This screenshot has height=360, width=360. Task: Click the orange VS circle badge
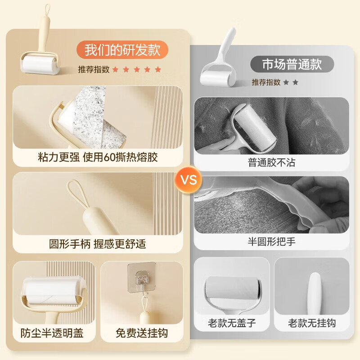(189, 180)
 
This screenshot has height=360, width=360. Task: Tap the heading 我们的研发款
(123, 49)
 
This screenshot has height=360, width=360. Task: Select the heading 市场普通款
(292, 64)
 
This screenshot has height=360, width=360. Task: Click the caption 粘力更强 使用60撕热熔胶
(98, 157)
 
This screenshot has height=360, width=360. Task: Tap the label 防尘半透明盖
(52, 333)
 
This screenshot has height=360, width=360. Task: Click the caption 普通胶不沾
(271, 162)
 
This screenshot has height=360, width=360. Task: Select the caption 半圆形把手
(271, 242)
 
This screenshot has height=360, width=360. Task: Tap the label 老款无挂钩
(312, 324)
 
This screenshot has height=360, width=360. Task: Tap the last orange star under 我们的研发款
(157, 70)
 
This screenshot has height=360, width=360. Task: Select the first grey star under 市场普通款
(286, 82)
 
